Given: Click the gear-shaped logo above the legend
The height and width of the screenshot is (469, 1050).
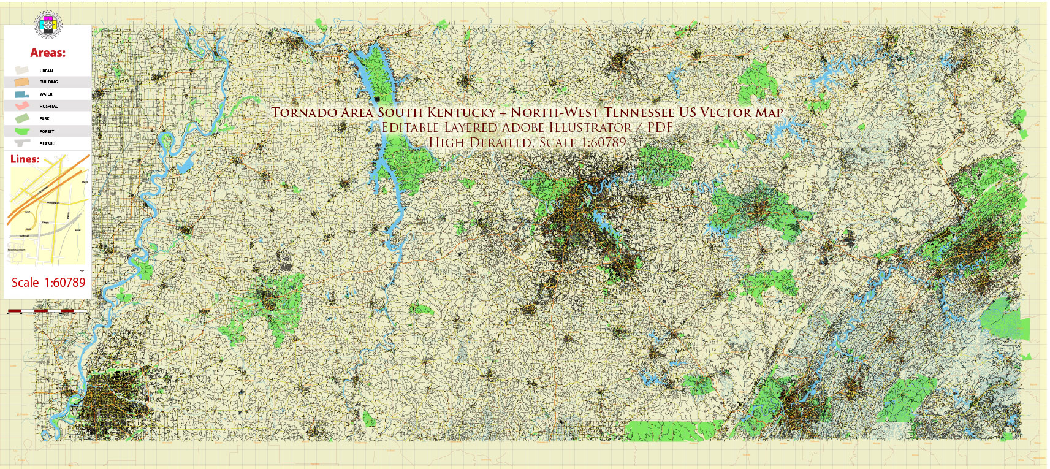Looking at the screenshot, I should pyautogui.click(x=48, y=25).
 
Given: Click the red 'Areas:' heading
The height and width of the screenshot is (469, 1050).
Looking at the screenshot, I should pyautogui.click(x=48, y=53).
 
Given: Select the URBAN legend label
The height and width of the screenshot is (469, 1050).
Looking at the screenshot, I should pyautogui.click(x=46, y=71).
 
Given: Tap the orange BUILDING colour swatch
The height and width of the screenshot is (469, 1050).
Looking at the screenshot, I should pyautogui.click(x=22, y=82).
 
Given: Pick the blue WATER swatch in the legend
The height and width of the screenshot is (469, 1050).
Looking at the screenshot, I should pyautogui.click(x=21, y=94).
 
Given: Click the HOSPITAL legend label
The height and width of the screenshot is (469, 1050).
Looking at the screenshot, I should pyautogui.click(x=48, y=106).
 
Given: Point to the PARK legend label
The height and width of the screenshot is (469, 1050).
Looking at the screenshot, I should pyautogui.click(x=44, y=118).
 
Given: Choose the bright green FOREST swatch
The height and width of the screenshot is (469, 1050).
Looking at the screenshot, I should pyautogui.click(x=22, y=131).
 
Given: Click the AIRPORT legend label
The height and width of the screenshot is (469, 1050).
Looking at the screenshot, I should pyautogui.click(x=47, y=143).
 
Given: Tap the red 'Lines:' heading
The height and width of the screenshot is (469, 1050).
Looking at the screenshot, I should pyautogui.click(x=25, y=159).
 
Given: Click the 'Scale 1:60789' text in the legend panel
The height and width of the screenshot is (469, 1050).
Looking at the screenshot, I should pyautogui.click(x=48, y=283).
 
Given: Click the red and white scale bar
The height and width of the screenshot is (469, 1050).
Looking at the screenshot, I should pyautogui.click(x=47, y=311).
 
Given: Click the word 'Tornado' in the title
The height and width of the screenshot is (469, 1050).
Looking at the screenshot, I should pyautogui.click(x=304, y=113).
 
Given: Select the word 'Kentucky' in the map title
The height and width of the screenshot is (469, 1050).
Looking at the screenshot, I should pyautogui.click(x=462, y=113).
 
